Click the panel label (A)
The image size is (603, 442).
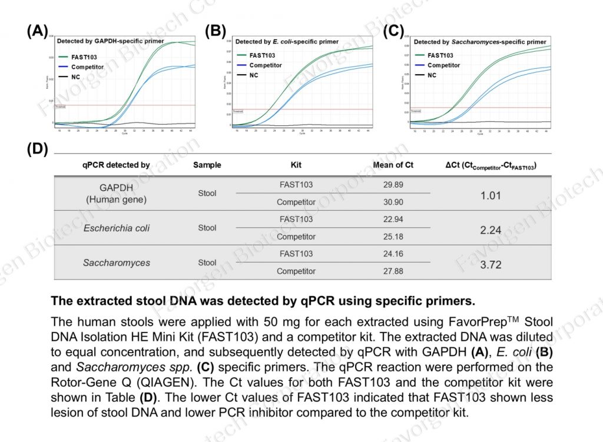pyautogui.click(x=38, y=31)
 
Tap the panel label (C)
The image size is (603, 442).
pyautogui.click(x=393, y=31)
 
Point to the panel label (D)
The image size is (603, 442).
pyautogui.click(x=38, y=149)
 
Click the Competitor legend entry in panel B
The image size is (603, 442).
pyautogui.click(x=265, y=65)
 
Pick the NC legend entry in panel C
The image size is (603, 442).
pyautogui.click(x=432, y=75)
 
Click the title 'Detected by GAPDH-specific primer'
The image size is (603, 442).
pyautogui.click(x=110, y=42)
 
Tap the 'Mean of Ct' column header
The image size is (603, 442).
pyautogui.click(x=393, y=165)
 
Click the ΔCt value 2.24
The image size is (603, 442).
pyautogui.click(x=491, y=230)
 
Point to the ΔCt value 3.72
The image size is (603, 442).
pyautogui.click(x=491, y=265)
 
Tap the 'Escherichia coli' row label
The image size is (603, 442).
pyautogui.click(x=116, y=228)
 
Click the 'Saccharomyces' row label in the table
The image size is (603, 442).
pyautogui.click(x=116, y=262)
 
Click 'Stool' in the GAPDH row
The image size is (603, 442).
pyautogui.click(x=207, y=193)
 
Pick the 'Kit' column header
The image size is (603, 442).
pyautogui.click(x=296, y=165)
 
